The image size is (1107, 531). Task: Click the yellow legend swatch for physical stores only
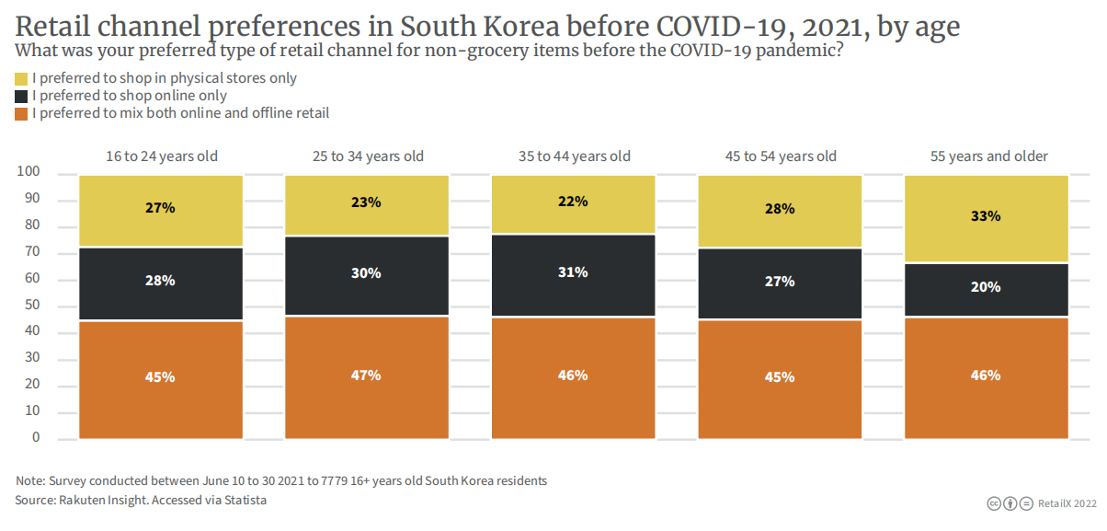coord(22,78)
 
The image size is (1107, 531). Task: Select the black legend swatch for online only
coord(22,96)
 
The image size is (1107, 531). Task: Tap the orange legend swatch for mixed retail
coord(22,113)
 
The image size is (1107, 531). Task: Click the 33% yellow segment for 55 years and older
coord(986,218)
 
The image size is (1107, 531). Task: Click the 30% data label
coord(366,273)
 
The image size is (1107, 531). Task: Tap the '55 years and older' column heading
coord(989,156)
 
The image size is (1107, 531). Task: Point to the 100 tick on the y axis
coord(29,173)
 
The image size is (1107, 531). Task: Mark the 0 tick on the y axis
coord(36,438)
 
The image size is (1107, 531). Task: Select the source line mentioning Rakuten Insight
coord(141,500)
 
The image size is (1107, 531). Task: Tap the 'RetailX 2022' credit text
coord(1067,503)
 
